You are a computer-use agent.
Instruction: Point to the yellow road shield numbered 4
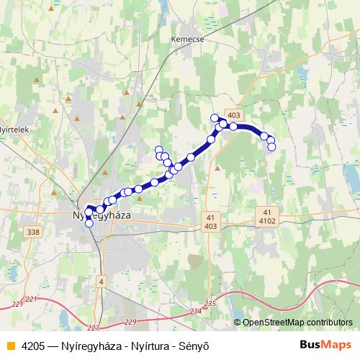pos(102,280)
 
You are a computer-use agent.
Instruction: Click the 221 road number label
pos(30,299)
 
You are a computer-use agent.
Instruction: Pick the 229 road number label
pos(130,321)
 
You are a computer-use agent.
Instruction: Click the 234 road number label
pos(196,311)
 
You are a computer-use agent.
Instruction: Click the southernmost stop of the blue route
pos(89,223)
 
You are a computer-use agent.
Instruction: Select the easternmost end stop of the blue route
pos(271,147)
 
